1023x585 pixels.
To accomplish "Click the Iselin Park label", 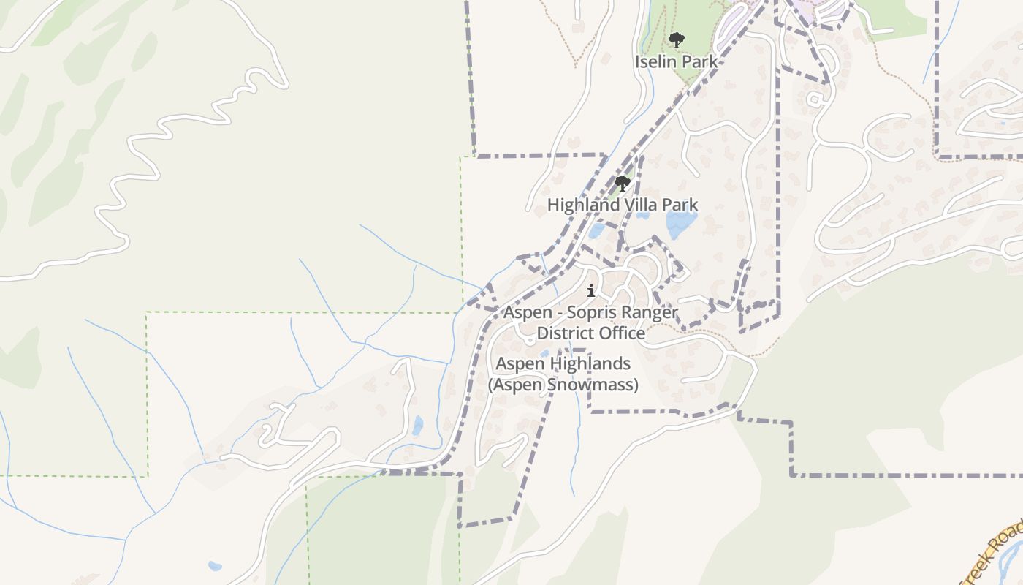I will [676, 61].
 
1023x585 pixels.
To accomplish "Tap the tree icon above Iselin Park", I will [677, 39].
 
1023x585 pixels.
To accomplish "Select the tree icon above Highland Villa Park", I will [623, 183].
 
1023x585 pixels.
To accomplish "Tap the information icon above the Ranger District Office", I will [591, 291].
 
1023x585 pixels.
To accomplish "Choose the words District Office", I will [591, 333].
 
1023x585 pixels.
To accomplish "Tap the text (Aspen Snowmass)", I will [563, 385].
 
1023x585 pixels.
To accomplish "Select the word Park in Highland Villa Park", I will [680, 205].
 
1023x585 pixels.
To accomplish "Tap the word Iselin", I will [655, 61].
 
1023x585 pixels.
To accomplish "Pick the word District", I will [564, 333].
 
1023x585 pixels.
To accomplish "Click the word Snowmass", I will [596, 385].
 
